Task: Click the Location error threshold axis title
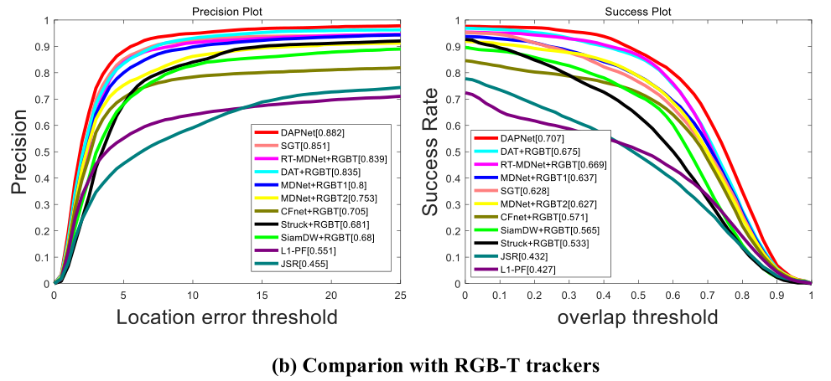(x=226, y=317)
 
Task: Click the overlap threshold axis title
(x=637, y=317)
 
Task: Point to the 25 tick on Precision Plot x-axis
(x=400, y=295)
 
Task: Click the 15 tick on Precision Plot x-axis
(x=262, y=295)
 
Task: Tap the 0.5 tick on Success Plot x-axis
(x=637, y=295)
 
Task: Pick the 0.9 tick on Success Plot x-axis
(x=776, y=295)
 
